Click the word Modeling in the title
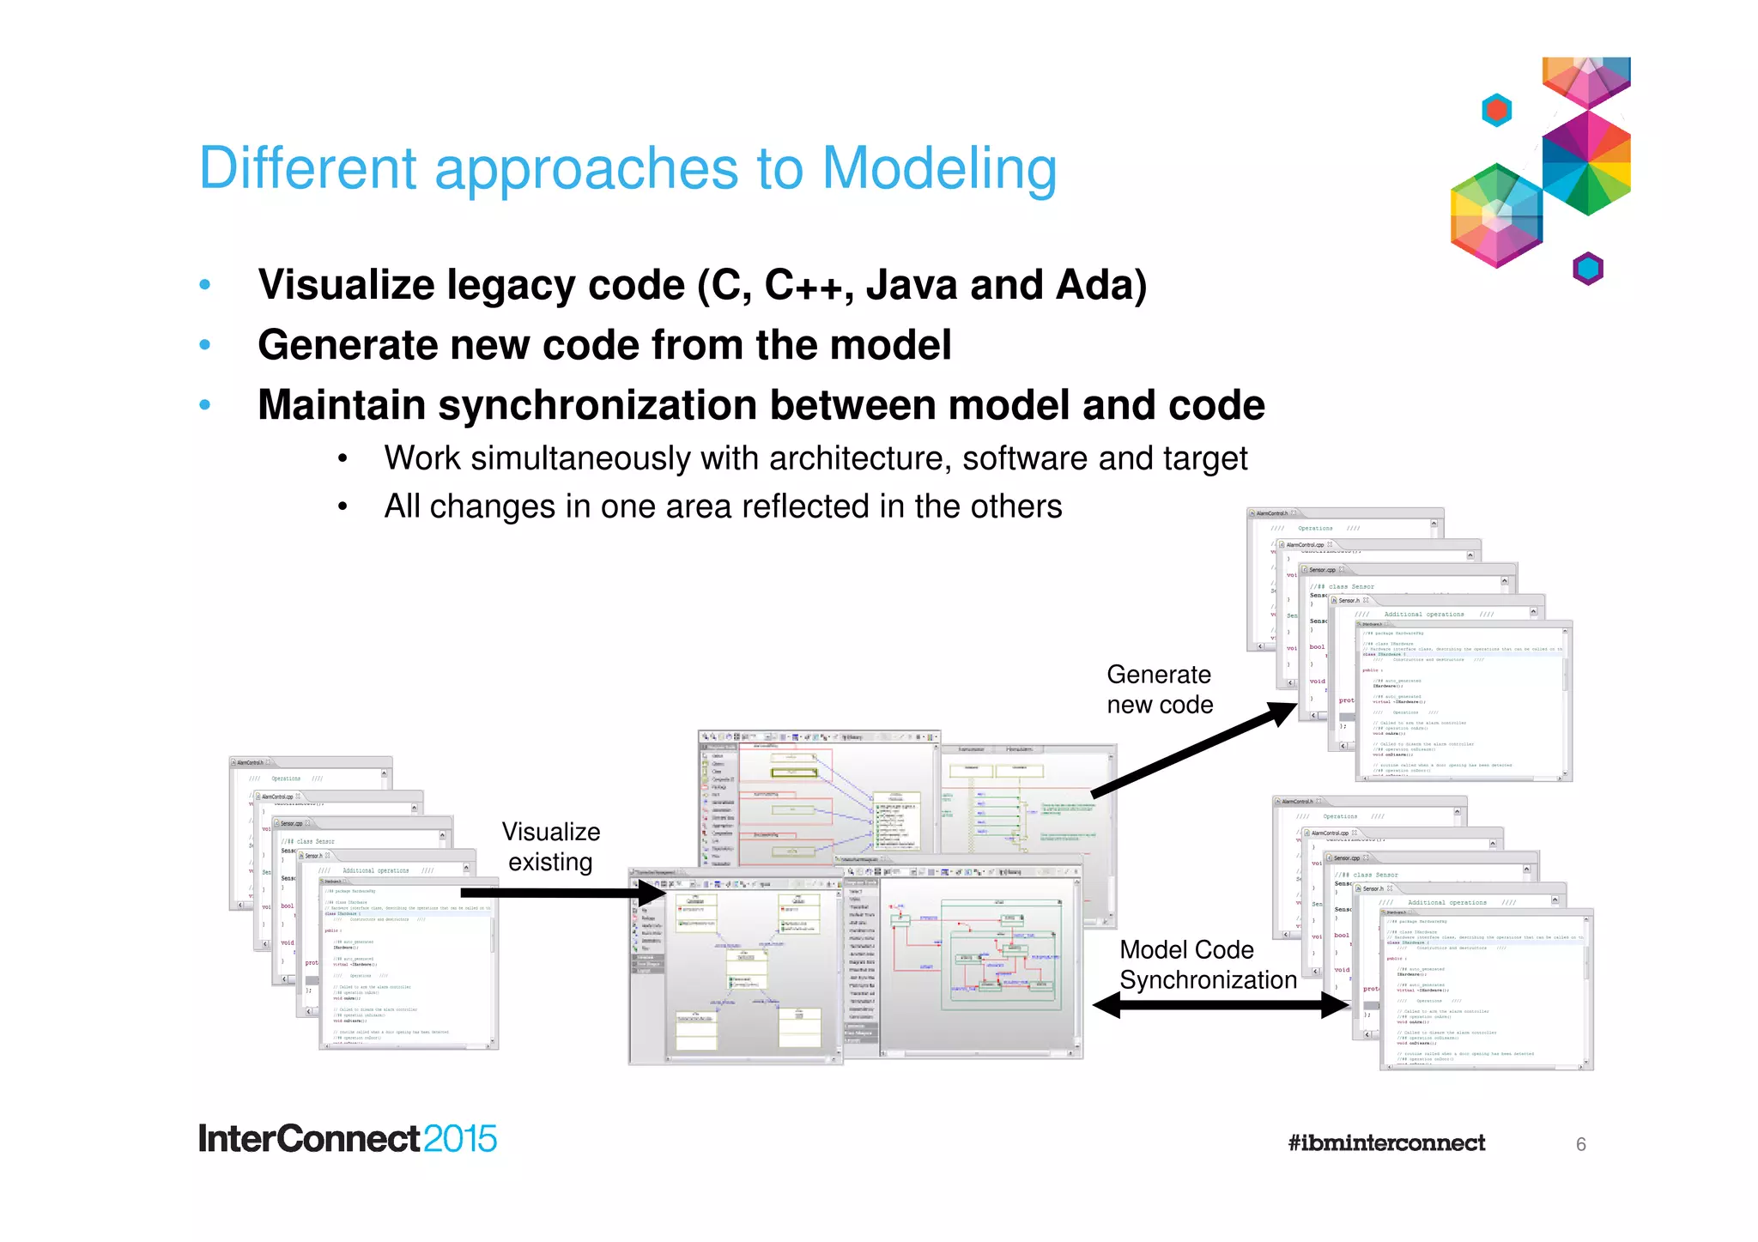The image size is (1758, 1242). point(939,168)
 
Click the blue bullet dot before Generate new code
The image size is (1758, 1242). point(204,345)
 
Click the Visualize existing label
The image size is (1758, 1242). point(550,846)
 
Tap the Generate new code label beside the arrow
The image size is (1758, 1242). point(1159,689)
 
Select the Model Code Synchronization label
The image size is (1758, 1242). point(1207,965)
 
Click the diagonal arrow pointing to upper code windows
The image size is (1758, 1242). point(1193,750)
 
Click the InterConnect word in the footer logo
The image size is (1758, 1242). point(308,1139)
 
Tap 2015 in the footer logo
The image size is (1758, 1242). point(459,1139)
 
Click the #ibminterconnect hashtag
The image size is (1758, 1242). point(1385,1143)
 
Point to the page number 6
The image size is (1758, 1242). point(1580,1144)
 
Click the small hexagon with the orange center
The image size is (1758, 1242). point(1496,110)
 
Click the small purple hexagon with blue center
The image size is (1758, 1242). point(1588,269)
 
